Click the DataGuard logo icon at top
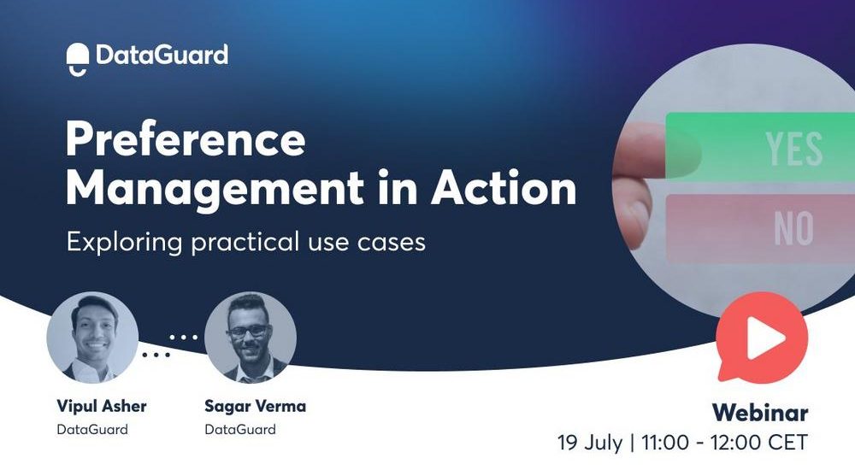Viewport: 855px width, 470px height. click(78, 59)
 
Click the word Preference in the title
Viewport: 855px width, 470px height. click(186, 139)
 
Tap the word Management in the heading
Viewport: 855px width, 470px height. click(215, 188)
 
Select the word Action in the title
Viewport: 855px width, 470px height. click(504, 188)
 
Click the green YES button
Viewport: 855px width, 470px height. click(760, 146)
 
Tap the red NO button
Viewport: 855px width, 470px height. click(760, 228)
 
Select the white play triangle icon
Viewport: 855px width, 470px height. click(764, 338)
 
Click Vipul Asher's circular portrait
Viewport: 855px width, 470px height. click(92, 338)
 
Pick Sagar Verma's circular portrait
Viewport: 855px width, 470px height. click(251, 338)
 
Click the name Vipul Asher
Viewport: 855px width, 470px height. click(102, 406)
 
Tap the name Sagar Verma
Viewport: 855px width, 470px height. click(255, 406)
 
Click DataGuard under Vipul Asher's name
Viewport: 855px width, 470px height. click(92, 430)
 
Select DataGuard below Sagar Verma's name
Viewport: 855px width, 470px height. click(240, 430)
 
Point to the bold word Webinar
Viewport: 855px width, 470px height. click(760, 413)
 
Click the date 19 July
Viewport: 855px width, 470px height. click(589, 442)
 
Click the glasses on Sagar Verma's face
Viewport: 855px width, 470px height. click(249, 331)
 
